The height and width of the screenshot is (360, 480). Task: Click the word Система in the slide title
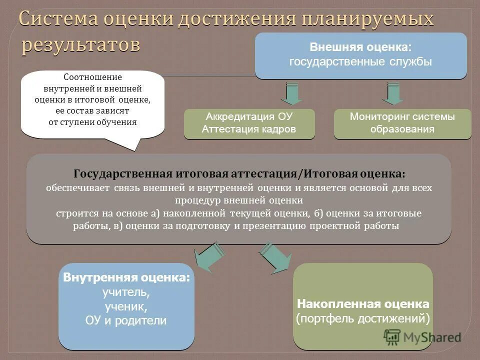click(x=58, y=19)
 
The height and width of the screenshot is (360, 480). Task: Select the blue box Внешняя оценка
click(x=360, y=55)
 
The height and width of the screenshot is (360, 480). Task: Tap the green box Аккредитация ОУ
click(x=249, y=123)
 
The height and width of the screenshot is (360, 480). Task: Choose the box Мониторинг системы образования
click(x=402, y=123)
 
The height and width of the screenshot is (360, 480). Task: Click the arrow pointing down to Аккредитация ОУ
click(x=288, y=93)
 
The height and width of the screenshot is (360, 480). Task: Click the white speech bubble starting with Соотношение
click(x=92, y=105)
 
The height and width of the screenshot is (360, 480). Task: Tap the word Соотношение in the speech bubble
click(x=93, y=77)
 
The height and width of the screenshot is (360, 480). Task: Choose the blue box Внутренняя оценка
click(x=126, y=306)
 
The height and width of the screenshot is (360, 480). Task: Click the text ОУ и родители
click(x=126, y=321)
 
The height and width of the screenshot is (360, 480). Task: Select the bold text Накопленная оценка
click(x=363, y=304)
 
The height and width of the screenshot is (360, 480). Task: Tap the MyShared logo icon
click(x=392, y=336)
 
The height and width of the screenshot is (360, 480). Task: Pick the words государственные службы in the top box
click(x=360, y=62)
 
